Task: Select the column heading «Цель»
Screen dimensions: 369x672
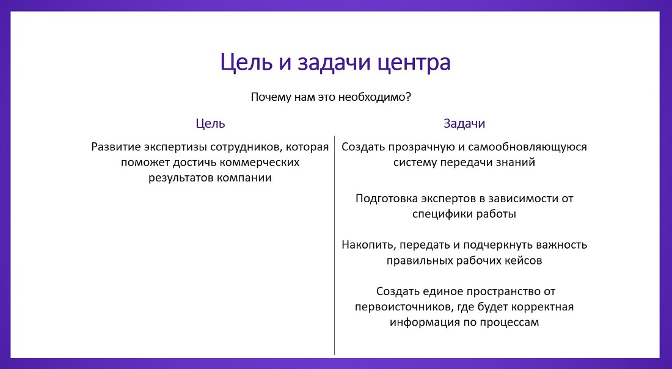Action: [210, 123]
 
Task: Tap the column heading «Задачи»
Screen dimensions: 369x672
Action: [464, 123]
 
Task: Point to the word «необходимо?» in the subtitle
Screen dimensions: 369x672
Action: [379, 97]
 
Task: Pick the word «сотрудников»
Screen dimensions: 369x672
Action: [244, 147]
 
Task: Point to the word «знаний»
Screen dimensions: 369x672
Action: [517, 163]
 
